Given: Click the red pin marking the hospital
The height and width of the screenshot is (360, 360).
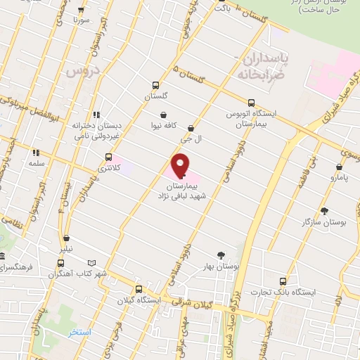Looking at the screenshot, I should pos(181,164).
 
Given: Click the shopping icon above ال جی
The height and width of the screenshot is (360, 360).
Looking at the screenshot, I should pos(192,129).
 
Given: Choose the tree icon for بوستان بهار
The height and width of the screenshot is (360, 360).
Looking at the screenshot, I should pos(222,256).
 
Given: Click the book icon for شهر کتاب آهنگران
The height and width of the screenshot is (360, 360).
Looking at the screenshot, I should pos(83,262).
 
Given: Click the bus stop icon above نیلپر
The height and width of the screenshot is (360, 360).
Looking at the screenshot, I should pos(66,238).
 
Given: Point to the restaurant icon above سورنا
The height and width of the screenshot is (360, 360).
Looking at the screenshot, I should pos(81,11).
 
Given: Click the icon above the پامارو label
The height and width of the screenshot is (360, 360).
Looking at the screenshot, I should pos(340,168).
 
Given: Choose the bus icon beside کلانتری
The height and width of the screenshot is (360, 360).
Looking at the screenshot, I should pos(108,157).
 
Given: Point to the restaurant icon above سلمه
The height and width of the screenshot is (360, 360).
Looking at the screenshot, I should pos(34,152).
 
